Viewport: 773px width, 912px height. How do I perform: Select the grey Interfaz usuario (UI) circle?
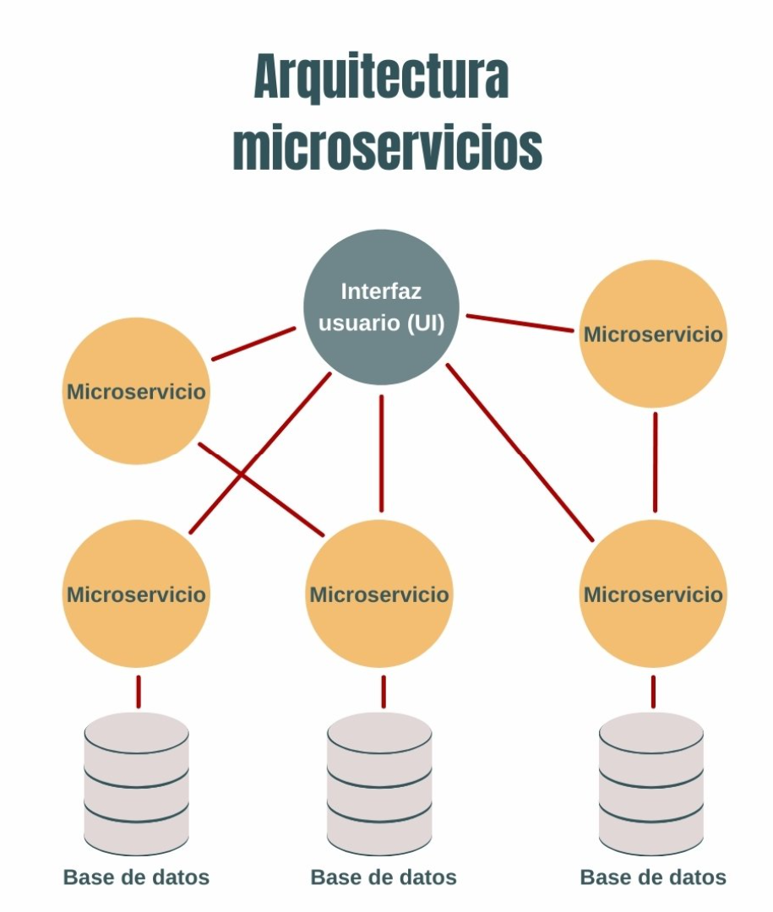coord(381,308)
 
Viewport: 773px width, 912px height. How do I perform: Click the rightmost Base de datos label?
coord(653,877)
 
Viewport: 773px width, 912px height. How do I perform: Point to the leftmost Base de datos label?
coord(136,877)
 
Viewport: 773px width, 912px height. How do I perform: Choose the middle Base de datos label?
coord(384,877)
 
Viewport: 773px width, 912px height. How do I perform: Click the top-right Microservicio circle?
coord(653,334)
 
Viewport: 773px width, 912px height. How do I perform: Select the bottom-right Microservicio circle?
coord(653,594)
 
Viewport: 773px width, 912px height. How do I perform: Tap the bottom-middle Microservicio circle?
coord(379,594)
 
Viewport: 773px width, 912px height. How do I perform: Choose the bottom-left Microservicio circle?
coord(136,594)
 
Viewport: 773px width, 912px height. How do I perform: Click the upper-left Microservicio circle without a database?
coord(136,392)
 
